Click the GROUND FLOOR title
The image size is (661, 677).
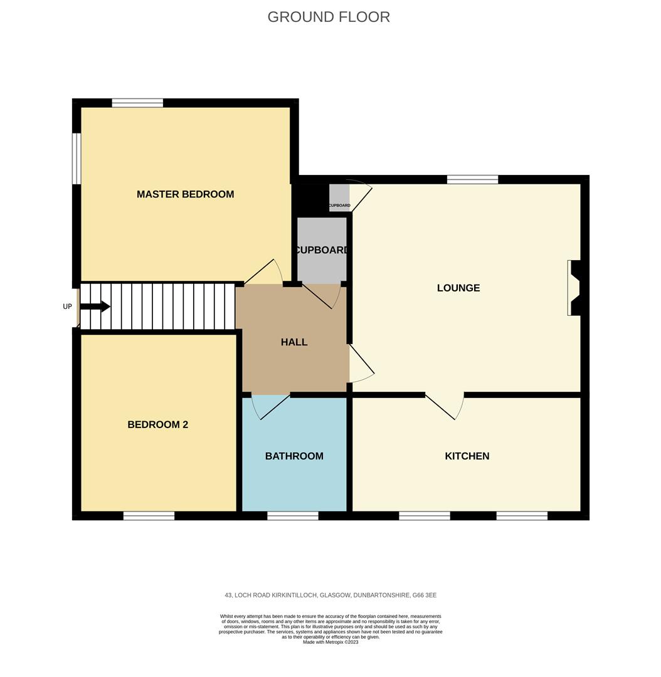tap(329, 17)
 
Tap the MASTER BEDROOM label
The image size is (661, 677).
tap(185, 194)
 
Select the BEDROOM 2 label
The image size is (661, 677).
tap(157, 424)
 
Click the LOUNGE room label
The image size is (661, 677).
tap(458, 288)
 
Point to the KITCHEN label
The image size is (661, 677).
tap(467, 456)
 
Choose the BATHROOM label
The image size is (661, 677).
tap(294, 456)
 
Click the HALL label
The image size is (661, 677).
tap(294, 342)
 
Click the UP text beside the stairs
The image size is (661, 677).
tap(67, 307)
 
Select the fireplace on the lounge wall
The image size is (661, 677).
tap(574, 288)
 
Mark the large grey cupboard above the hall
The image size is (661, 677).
tap(322, 249)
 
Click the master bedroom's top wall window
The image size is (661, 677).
tap(137, 103)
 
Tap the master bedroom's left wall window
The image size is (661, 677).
tap(77, 159)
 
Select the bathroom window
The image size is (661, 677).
tap(293, 516)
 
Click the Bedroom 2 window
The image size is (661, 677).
tap(149, 516)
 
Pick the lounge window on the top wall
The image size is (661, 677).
tap(473, 180)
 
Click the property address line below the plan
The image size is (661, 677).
tap(330, 595)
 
